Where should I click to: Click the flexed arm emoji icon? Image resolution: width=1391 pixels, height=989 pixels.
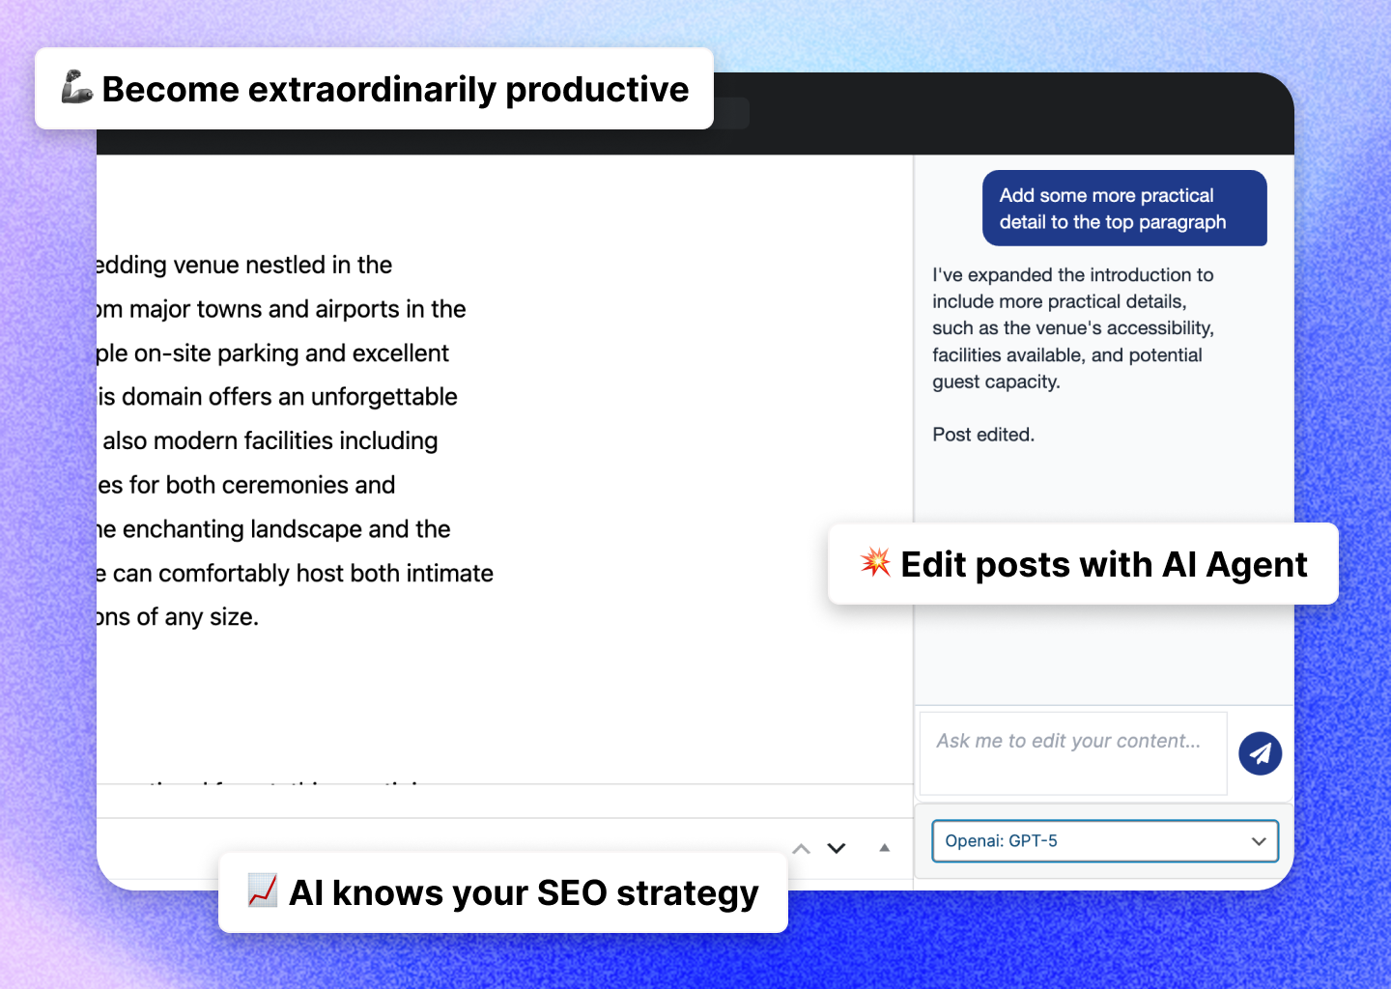pos(76,88)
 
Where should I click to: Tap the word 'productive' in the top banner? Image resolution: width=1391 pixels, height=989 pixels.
pos(597,89)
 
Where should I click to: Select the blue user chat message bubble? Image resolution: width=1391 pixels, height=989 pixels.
pos(1124,209)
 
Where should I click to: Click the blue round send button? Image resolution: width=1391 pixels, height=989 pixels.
pos(1260,753)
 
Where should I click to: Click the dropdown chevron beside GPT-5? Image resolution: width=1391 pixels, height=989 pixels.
pos(1258,841)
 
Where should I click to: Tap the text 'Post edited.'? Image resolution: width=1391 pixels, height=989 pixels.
pos(982,435)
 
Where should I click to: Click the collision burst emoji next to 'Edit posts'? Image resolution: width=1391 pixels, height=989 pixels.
pos(875,562)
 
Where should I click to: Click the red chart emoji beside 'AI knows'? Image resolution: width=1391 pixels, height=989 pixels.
pos(262,890)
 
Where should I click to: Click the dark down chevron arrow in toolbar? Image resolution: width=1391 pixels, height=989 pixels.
pos(837,848)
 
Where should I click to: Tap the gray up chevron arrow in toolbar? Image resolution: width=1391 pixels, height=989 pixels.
pos(801,849)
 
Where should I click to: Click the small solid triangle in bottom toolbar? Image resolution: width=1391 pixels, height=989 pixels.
pos(884,848)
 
